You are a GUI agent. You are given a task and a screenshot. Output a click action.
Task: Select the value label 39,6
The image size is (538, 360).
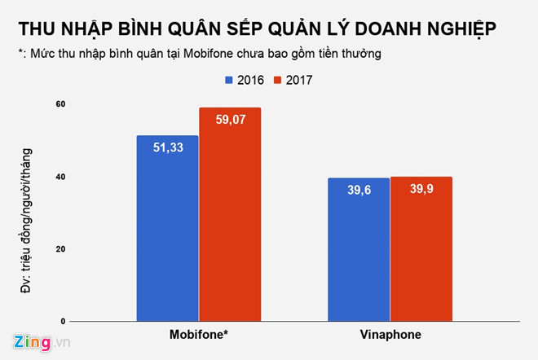coord(359,190)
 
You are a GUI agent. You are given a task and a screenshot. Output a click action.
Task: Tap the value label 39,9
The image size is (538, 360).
coord(421,190)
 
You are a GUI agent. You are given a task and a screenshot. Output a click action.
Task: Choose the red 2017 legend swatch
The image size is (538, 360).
coord(277,80)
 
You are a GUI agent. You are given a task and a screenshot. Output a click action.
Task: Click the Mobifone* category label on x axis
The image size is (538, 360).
coord(199,335)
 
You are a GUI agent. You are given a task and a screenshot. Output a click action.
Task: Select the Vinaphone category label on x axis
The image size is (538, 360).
coord(390,335)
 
